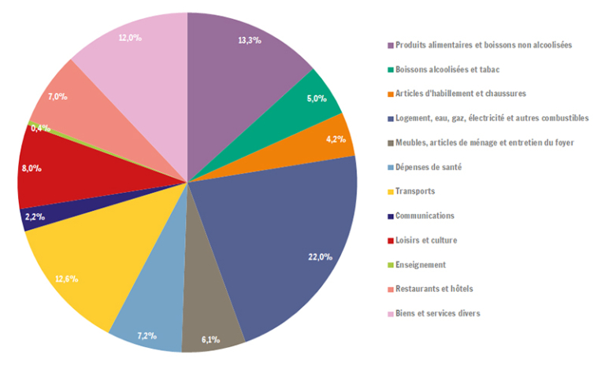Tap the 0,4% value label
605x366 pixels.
pos(41,128)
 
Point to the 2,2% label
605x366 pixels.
pos(35,216)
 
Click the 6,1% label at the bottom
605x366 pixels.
pos(211,339)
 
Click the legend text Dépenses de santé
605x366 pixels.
pos(429,167)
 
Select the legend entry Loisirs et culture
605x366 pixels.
pos(426,240)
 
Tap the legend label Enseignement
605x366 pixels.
pos(421,264)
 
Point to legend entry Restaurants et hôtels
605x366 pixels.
pos(434,289)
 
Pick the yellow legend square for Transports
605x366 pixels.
pos(389,191)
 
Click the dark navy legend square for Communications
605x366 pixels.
pos(389,216)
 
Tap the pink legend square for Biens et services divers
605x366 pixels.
pos(389,313)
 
